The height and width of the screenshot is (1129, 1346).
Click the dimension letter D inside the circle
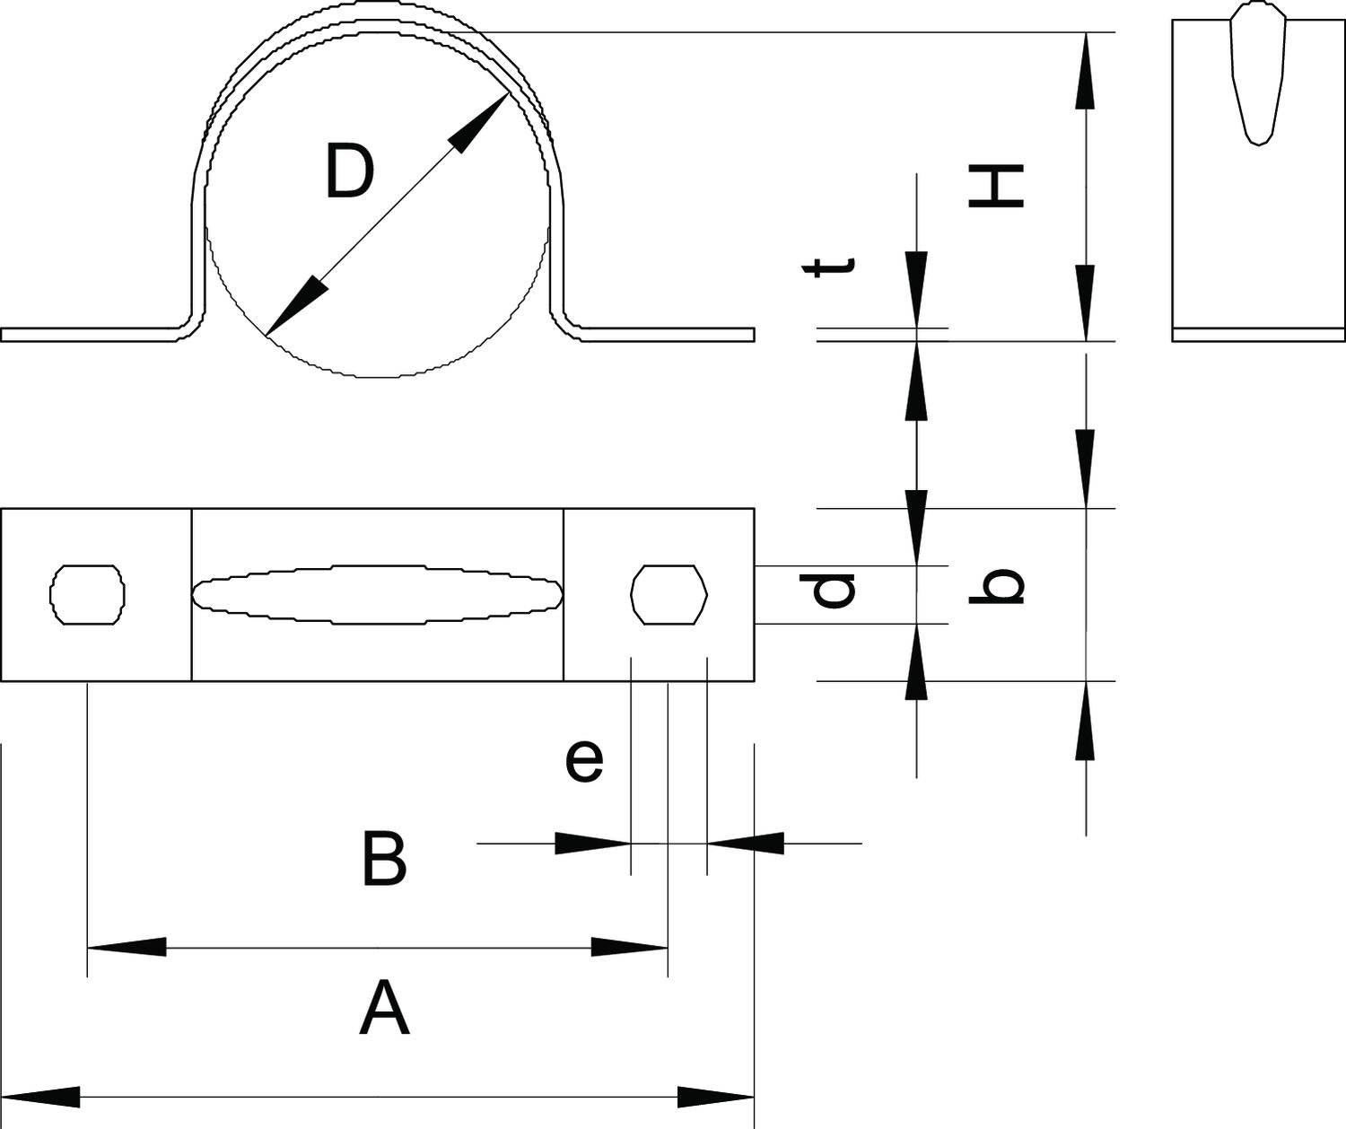point(348,172)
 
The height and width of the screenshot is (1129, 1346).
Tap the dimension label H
point(996,187)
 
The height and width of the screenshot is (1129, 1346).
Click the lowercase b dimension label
point(996,588)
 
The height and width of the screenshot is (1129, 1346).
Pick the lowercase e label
point(584,761)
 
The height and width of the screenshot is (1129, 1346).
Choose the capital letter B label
point(384,860)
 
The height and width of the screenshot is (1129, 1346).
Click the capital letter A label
point(384,1009)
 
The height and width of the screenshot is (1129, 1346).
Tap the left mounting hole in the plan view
point(86,594)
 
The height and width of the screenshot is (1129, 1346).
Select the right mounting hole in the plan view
point(669,594)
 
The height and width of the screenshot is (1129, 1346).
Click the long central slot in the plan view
point(377,594)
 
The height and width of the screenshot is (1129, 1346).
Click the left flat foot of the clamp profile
point(90,335)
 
